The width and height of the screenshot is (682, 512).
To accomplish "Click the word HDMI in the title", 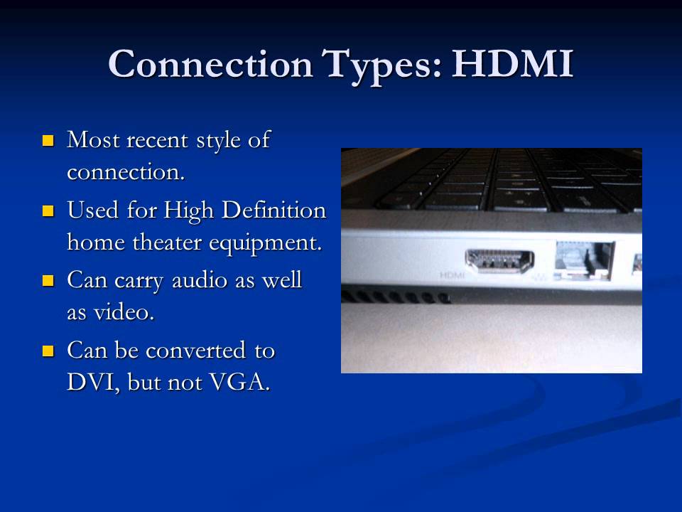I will (511, 64).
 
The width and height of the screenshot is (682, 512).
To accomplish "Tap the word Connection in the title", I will (210, 64).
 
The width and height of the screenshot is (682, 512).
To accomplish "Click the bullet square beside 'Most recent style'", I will (48, 139).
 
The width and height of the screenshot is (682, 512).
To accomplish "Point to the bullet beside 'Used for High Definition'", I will (48, 210).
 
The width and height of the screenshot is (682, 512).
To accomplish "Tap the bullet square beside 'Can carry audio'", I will (48, 281).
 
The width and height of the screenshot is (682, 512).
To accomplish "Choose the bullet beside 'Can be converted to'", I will (48, 351).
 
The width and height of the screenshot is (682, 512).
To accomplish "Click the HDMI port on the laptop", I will (499, 261).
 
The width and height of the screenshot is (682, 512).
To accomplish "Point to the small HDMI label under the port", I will (452, 274).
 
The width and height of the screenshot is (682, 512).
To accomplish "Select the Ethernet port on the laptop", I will (584, 259).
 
